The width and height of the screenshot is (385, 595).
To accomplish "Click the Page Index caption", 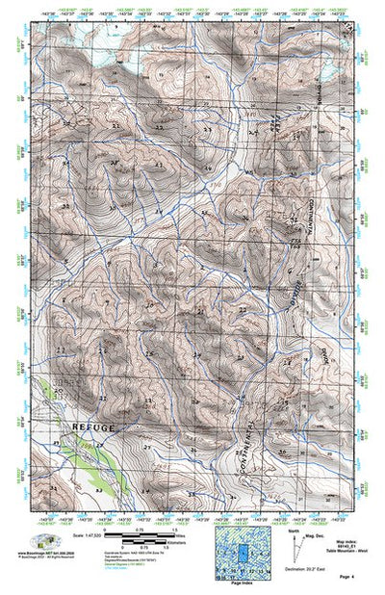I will (x=244, y=584).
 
